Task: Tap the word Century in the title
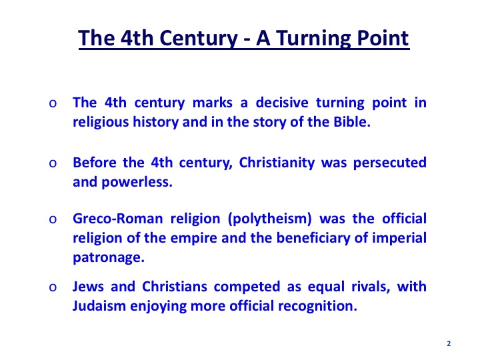pos(199,39)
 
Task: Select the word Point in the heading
pos(383,38)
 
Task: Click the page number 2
pos(449,343)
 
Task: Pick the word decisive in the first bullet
pos(282,103)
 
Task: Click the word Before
pos(94,162)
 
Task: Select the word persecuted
pos(390,163)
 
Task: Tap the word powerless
pos(137,183)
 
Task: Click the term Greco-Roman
pos(118,219)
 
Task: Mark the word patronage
pos(109,258)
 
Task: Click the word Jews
pos(88,287)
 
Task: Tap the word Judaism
pos(99,306)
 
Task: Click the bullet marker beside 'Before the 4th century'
pos(53,163)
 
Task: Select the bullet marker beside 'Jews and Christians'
pos(53,287)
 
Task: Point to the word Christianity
pos(277,163)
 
